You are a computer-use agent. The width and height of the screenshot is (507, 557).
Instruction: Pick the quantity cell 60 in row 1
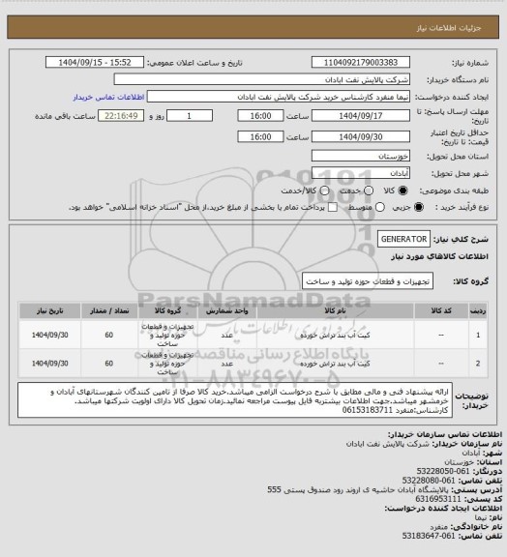tap(108, 336)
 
